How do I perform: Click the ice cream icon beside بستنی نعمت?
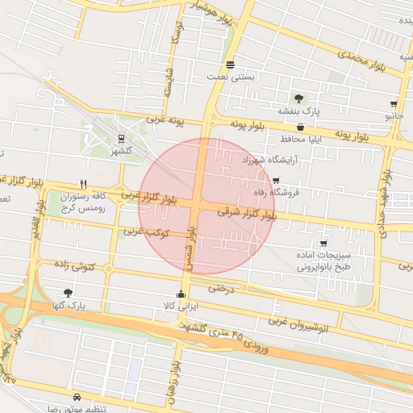231,65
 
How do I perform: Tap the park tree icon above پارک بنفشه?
299,98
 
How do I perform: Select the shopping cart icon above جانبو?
394,104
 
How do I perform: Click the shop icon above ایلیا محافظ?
300,127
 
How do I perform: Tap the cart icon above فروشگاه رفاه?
277,181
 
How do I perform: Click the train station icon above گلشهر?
120,138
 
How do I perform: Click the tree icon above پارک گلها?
67,294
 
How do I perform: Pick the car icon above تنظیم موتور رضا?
77,398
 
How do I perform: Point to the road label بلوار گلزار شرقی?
247,214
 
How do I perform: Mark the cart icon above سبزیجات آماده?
323,243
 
